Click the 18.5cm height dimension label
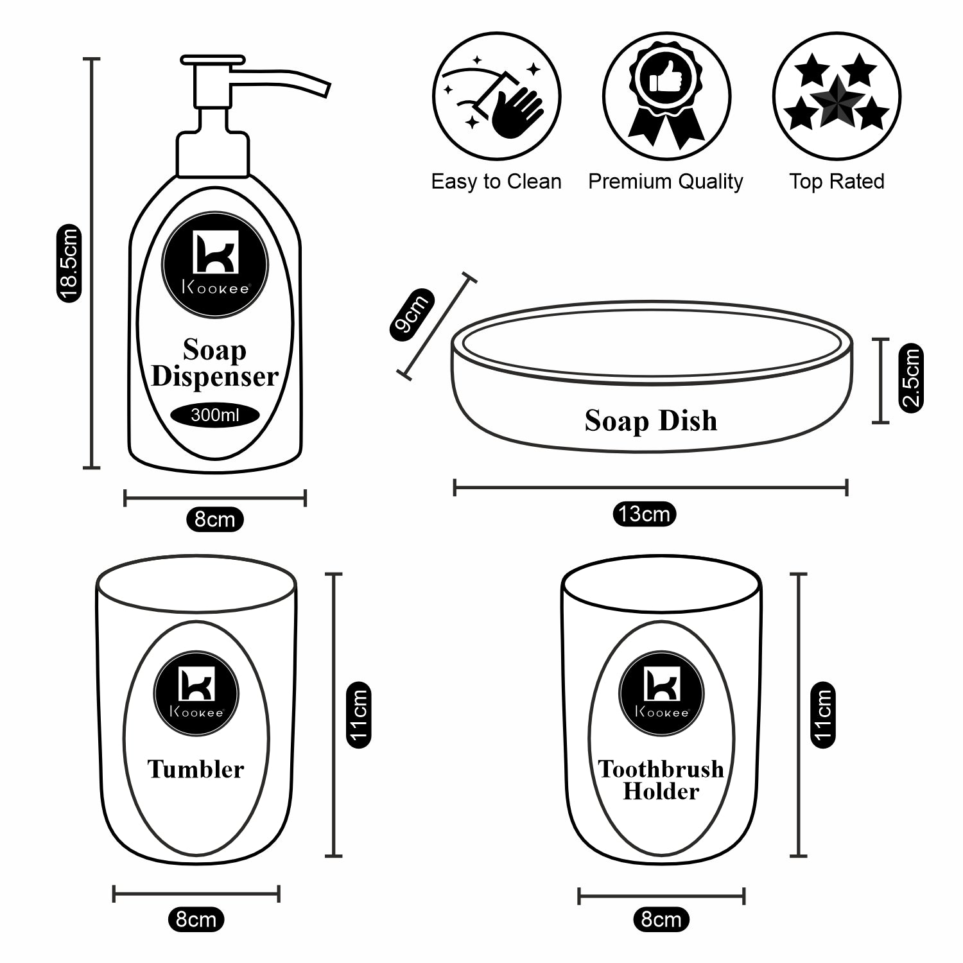pos(67,263)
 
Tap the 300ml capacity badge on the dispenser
pos(215,415)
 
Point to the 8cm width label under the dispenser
pos(215,518)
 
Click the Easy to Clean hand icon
pos(496,96)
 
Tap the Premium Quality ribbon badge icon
pos(666,96)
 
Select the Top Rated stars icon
pos(837,96)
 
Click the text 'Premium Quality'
pos(666,182)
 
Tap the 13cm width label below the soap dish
pos(644,514)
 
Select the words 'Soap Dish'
pos(651,421)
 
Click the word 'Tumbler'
pos(196,769)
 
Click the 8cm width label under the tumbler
pos(196,919)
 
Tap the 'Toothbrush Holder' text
pos(661,780)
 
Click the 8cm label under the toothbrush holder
pos(661,919)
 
